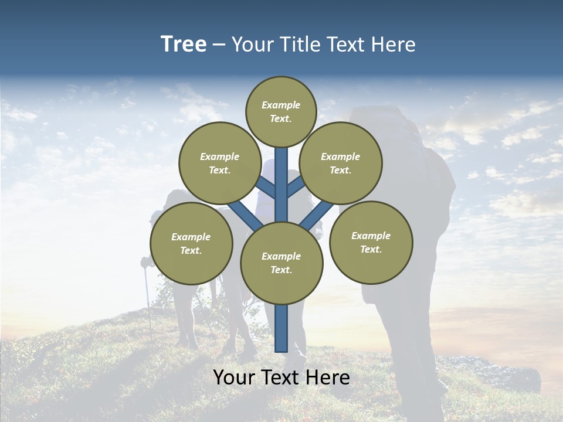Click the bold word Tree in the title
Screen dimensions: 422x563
(184, 44)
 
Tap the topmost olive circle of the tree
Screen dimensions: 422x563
(281, 111)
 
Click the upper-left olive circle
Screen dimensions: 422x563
(219, 163)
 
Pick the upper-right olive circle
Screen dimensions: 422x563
(341, 163)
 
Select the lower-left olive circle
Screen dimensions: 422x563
(191, 243)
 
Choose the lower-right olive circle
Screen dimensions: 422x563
(371, 242)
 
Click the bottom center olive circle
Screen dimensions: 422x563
(281, 263)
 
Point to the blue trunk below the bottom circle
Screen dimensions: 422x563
(281, 328)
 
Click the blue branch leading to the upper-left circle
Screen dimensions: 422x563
(266, 188)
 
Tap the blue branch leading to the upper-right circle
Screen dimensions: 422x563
(296, 186)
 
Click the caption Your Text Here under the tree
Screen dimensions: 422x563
(281, 377)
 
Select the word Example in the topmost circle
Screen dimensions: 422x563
(281, 105)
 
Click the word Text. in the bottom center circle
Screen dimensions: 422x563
(281, 270)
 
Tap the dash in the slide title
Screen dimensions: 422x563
(219, 45)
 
